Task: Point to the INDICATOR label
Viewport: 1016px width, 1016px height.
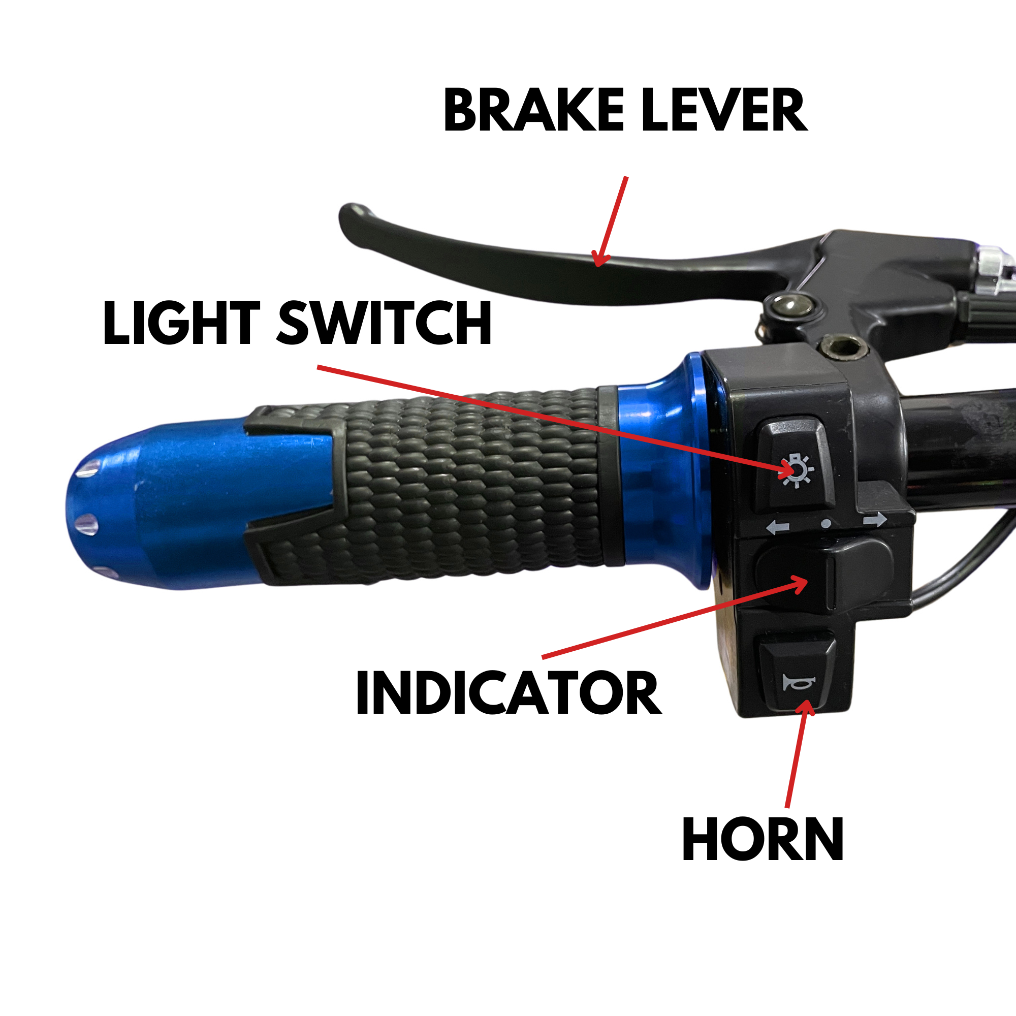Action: click(509, 692)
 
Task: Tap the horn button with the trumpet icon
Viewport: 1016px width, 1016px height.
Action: click(798, 676)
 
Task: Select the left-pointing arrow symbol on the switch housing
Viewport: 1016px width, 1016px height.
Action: click(778, 527)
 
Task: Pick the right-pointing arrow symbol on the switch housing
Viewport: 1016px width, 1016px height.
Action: click(875, 521)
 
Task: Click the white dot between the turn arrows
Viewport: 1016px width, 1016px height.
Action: click(826, 524)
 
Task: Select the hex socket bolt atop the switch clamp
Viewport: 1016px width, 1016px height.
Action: click(841, 346)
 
